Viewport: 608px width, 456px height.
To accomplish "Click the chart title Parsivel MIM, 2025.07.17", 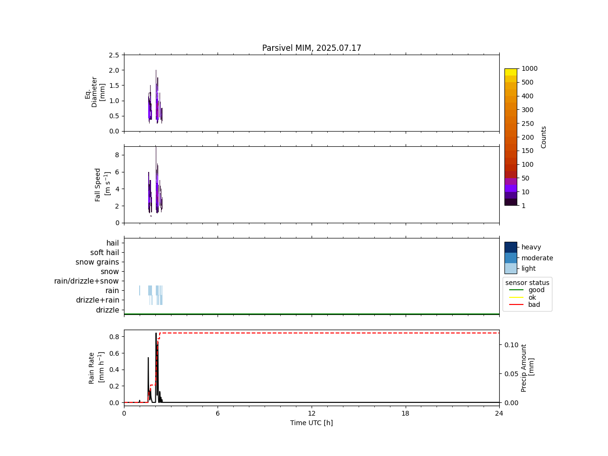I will click(312, 48).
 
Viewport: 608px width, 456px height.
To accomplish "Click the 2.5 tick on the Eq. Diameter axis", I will click(114, 55).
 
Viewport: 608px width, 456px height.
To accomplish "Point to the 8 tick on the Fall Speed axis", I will click(116, 155).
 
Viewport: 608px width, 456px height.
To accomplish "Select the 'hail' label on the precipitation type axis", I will click(113, 243).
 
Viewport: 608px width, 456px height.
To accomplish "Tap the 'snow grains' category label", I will click(97, 262).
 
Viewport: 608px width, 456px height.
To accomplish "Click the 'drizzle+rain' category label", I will click(97, 300).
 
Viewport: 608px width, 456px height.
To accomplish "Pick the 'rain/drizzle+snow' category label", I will click(86, 281).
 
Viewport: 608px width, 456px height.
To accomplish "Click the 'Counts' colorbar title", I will click(544, 137).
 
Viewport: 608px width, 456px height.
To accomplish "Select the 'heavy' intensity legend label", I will click(531, 247).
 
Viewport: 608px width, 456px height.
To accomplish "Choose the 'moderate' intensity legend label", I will click(537, 258).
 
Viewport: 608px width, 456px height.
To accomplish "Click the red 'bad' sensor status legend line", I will click(515, 305).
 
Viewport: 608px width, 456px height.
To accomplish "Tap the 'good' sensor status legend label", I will click(536, 290).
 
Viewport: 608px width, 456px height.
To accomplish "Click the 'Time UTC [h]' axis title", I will click(312, 423).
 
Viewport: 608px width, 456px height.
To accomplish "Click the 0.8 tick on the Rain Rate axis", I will click(114, 337).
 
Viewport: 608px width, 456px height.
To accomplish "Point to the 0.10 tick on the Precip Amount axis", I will click(511, 345).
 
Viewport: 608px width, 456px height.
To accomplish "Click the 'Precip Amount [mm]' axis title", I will click(527, 368).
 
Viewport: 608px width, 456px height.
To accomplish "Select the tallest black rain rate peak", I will click(156, 333).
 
